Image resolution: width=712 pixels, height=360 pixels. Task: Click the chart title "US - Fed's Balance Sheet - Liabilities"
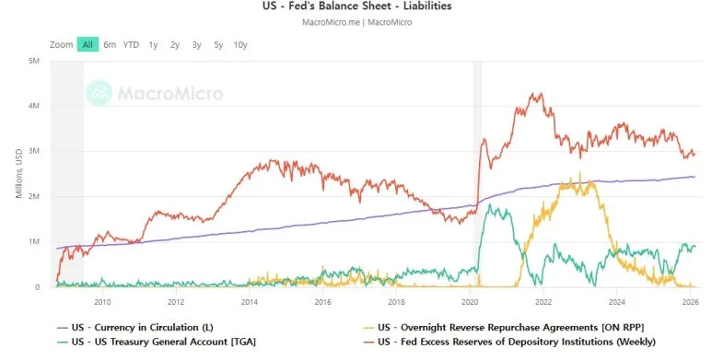click(x=356, y=6)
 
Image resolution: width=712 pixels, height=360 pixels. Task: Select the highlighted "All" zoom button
click(x=88, y=44)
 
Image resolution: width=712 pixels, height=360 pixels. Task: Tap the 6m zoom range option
click(x=110, y=44)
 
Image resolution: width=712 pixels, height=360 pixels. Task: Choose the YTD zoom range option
click(x=132, y=44)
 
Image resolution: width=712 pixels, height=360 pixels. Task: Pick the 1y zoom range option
click(x=153, y=44)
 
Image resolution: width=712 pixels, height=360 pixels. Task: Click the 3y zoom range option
click(x=196, y=44)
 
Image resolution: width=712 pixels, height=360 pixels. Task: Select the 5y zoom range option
click(x=217, y=44)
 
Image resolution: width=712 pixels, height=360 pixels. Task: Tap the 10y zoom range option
click(x=240, y=44)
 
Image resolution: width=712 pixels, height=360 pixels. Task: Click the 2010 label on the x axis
click(x=102, y=301)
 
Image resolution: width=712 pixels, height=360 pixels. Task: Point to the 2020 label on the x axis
click(x=470, y=301)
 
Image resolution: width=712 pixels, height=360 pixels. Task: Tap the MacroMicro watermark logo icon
click(x=99, y=93)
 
